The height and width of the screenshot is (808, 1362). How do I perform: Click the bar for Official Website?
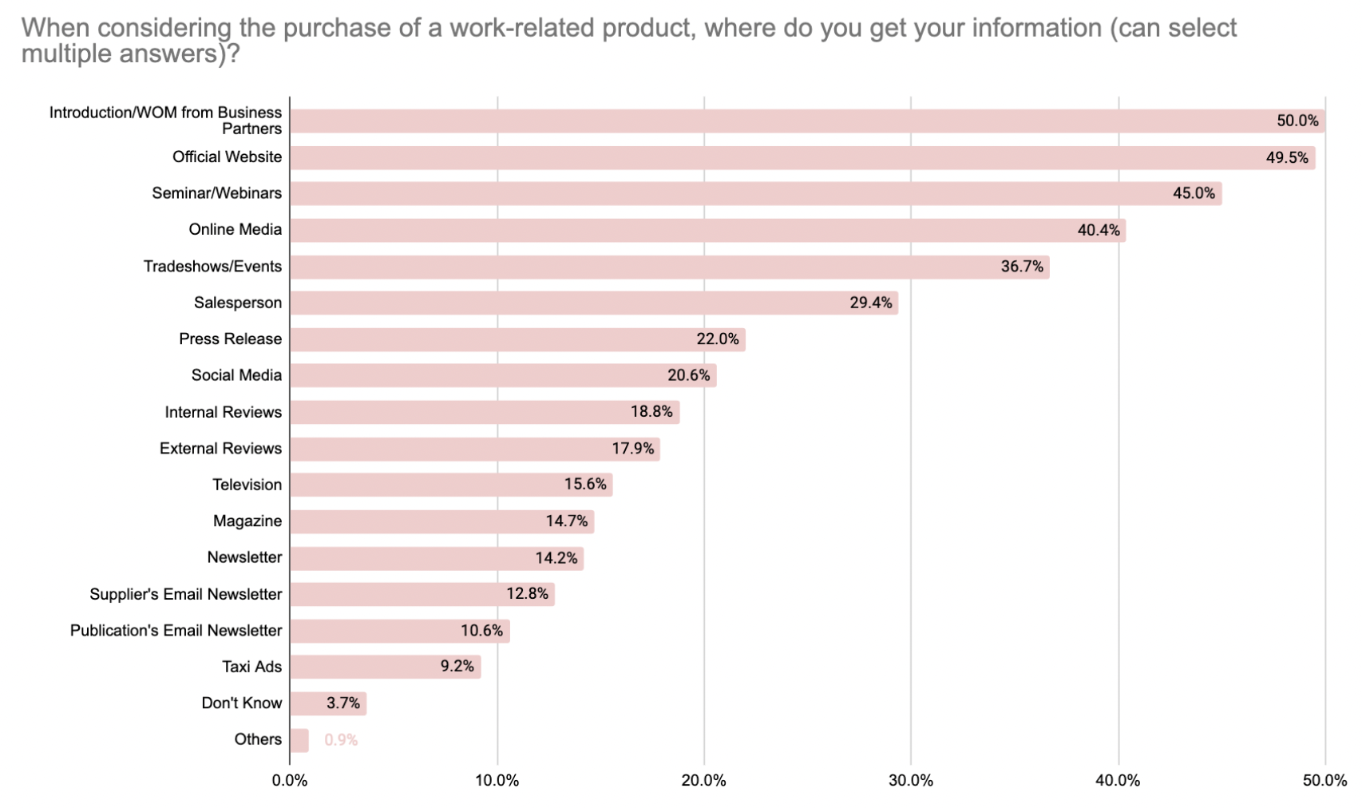click(802, 157)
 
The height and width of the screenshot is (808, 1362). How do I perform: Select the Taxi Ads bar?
click(385, 667)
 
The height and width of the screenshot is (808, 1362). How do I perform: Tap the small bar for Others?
click(299, 740)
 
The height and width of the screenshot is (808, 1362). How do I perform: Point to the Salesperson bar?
click(594, 303)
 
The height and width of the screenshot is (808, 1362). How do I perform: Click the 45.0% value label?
click(1194, 193)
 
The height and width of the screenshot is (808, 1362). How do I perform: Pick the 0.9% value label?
click(341, 740)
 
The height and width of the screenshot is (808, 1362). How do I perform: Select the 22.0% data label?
click(717, 339)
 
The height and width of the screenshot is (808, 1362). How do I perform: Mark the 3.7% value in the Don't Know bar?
click(343, 703)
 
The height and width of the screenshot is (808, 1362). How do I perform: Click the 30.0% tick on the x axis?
click(911, 781)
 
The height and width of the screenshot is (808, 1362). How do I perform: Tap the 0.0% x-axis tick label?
click(290, 781)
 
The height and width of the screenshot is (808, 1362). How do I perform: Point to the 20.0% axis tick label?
click(703, 781)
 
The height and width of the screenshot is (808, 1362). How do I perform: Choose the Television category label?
click(247, 485)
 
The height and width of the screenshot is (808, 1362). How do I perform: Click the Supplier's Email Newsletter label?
click(185, 594)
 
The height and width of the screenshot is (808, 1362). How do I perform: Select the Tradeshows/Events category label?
click(212, 267)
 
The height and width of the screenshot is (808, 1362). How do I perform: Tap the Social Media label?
click(236, 375)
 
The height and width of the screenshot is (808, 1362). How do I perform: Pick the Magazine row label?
click(247, 521)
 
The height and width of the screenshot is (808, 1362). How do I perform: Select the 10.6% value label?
click(481, 631)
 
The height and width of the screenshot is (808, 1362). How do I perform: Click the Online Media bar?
click(707, 230)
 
